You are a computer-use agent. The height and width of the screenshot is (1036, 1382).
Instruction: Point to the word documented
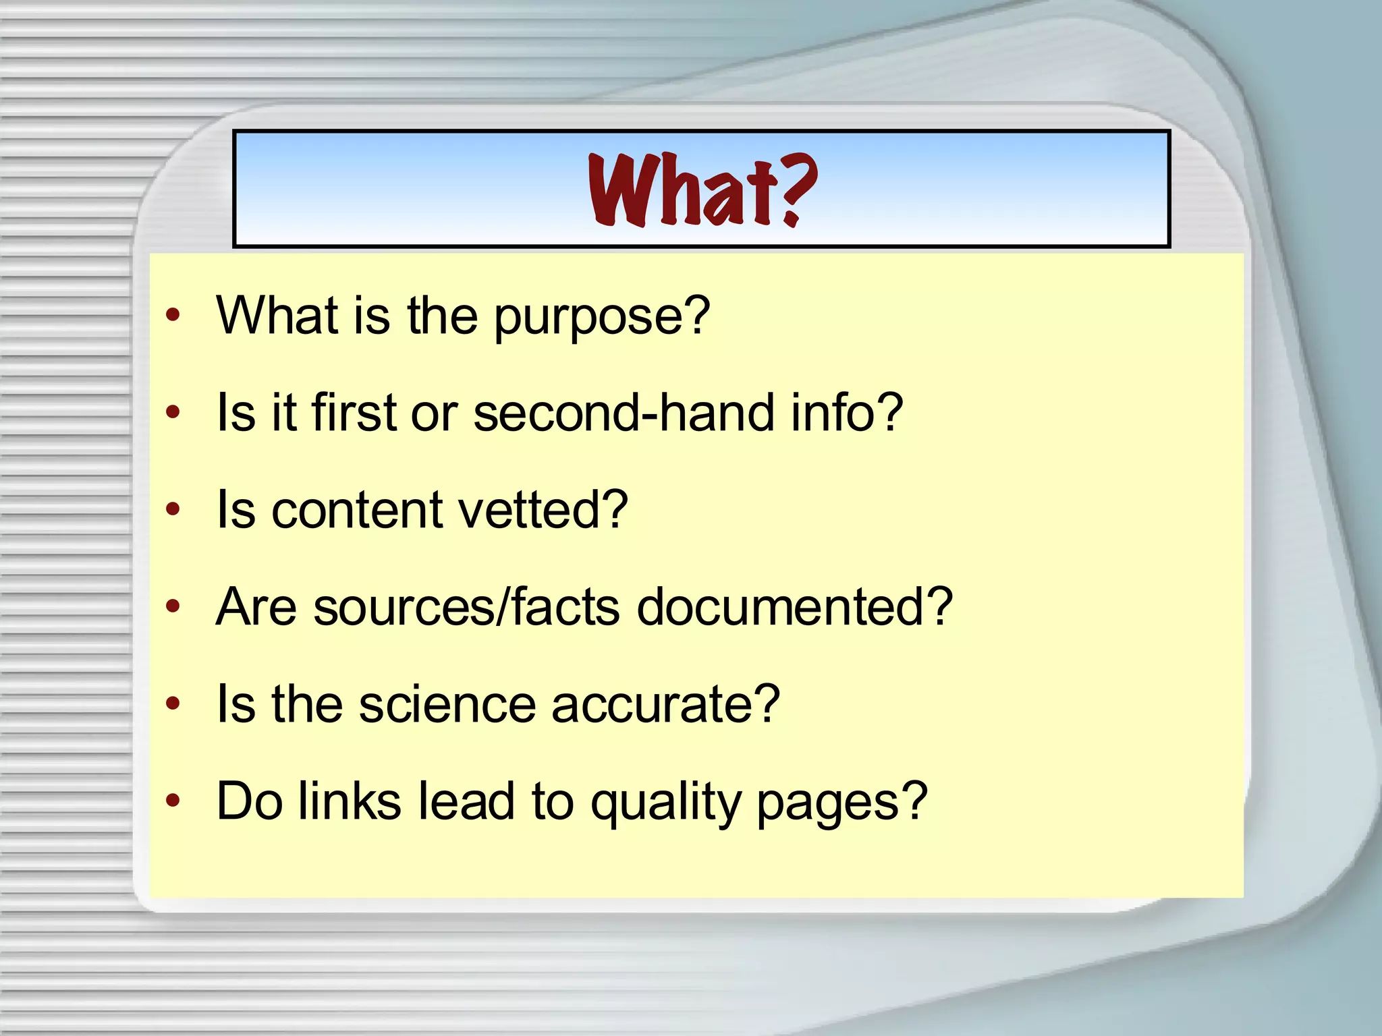point(794,607)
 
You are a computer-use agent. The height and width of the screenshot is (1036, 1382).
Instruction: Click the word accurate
point(665,704)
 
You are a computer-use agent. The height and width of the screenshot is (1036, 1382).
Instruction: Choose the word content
point(356,510)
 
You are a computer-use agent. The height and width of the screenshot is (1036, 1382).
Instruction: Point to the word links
point(350,801)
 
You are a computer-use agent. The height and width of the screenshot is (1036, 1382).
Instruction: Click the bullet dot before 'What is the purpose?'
point(173,314)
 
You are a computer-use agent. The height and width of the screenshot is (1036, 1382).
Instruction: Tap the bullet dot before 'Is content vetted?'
point(173,509)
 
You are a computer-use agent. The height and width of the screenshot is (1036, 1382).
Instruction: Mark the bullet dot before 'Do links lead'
point(173,801)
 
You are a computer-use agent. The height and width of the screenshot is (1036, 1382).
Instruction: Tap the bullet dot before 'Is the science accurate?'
point(173,703)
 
